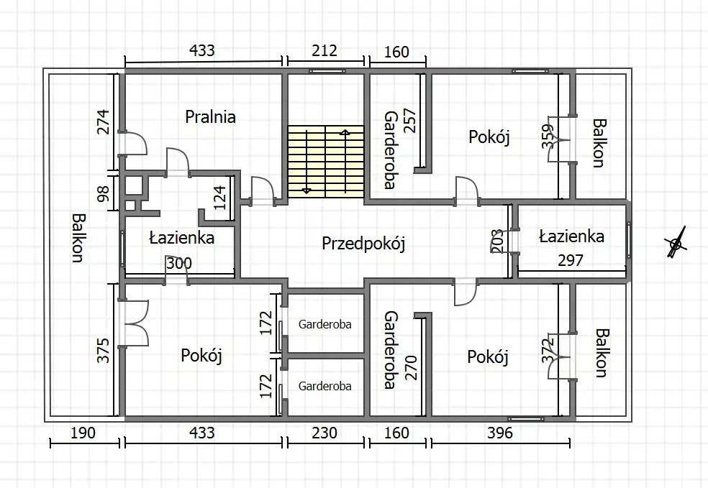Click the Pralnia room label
[210, 117]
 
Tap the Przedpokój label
[363, 244]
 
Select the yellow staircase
[325, 162]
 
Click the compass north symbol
[676, 244]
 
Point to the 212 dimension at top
[324, 50]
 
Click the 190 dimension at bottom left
[83, 433]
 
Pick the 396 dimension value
[500, 433]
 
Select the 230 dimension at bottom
[324, 433]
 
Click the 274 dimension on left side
[104, 122]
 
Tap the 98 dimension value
[104, 194]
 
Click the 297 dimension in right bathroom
[571, 260]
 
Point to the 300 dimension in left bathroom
[179, 263]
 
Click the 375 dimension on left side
[104, 351]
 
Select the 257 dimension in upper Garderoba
[409, 121]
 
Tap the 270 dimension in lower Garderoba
[412, 367]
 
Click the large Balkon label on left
[78, 238]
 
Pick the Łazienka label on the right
[571, 236]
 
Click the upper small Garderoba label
[324, 324]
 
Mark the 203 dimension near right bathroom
[496, 241]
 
